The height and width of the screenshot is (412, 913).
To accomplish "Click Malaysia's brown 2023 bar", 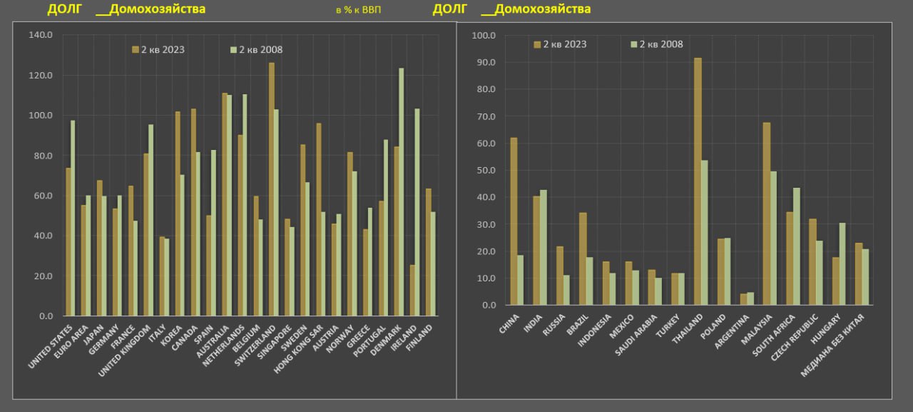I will click(766, 214).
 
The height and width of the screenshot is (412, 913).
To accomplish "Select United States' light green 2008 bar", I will click(72, 218).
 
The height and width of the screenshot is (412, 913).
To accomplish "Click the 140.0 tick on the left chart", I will click(41, 35).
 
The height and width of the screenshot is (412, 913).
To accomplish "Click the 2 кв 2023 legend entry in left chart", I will click(158, 49).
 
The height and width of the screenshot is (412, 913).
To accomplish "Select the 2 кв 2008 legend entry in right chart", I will click(656, 44).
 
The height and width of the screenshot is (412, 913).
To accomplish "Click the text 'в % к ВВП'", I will click(358, 11).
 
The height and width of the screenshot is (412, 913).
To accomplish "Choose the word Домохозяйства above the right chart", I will click(536, 9).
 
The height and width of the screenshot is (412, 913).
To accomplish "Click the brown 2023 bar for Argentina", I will click(743, 299).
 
